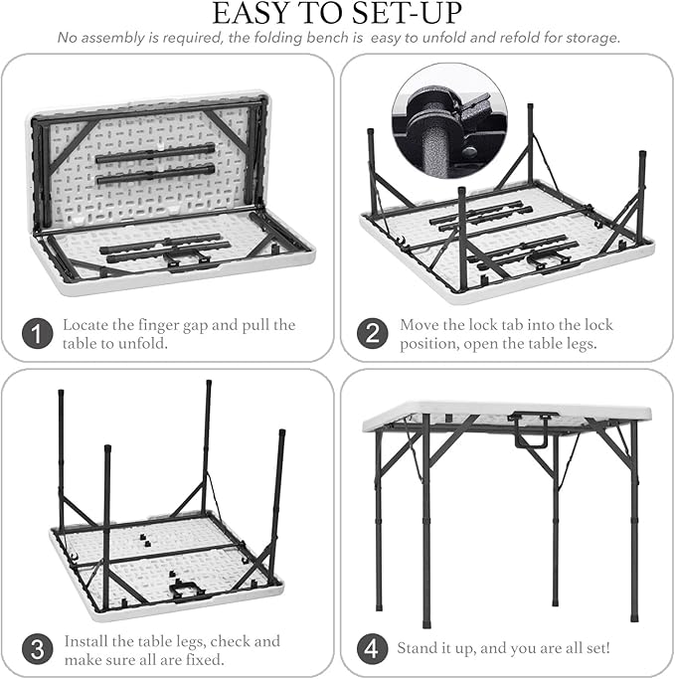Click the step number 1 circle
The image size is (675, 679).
click(x=37, y=333)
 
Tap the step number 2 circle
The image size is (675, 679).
click(x=373, y=333)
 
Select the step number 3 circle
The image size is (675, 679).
click(x=37, y=649)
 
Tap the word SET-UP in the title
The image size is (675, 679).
click(x=407, y=13)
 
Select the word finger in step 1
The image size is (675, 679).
click(x=157, y=326)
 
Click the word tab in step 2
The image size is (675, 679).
click(x=514, y=325)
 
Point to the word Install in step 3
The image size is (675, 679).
click(x=85, y=641)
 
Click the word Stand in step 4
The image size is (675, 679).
click(x=416, y=648)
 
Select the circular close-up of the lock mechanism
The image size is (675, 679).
click(x=449, y=120)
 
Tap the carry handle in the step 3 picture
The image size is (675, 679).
click(x=188, y=591)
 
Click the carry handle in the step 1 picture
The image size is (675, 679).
click(x=187, y=259)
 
